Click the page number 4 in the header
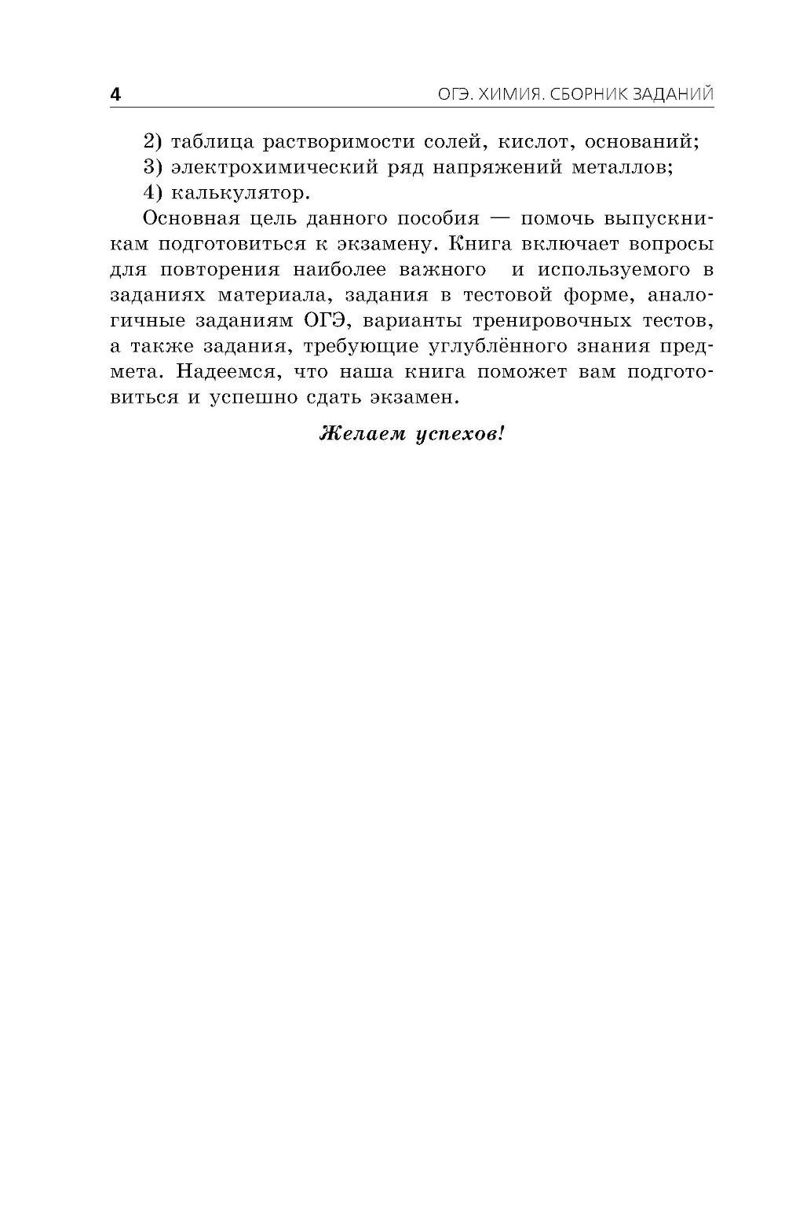[115, 96]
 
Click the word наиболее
[348, 269]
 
